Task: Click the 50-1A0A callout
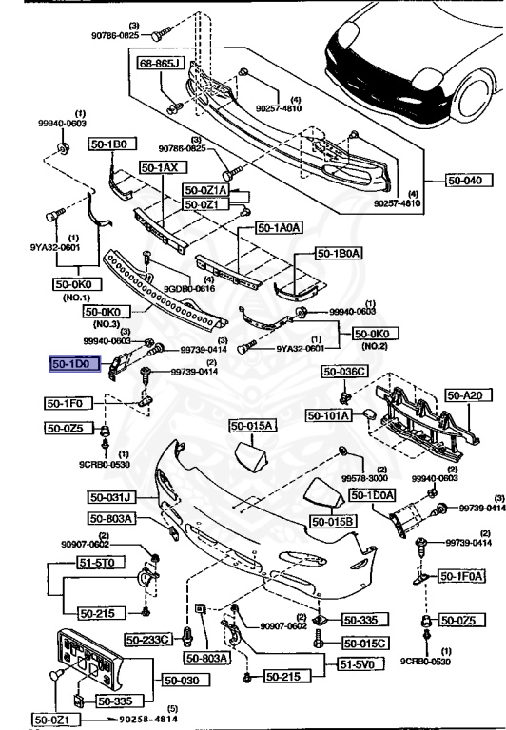pos(279,228)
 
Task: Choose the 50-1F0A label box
pos(462,575)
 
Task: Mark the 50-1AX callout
pos(160,167)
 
